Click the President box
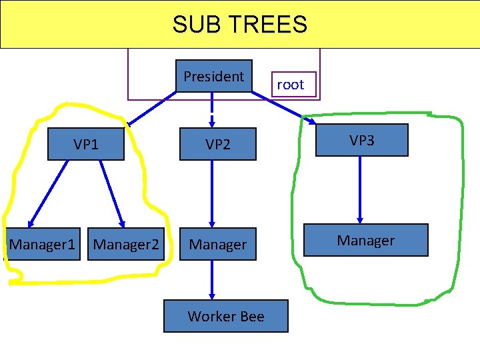pos(213,76)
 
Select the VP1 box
pos(86,145)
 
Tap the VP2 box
pos(217,145)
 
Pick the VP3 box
pos(361,140)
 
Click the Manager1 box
pos(42,245)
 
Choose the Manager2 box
pos(126,245)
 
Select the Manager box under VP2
pos(217,245)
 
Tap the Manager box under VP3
pos(365,240)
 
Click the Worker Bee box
pos(226,317)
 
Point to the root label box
pos(290,85)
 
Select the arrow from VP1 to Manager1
pos(48,193)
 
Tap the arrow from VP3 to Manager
pos(360,190)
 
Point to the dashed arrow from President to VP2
pos(212,110)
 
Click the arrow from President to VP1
pos(153,108)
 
